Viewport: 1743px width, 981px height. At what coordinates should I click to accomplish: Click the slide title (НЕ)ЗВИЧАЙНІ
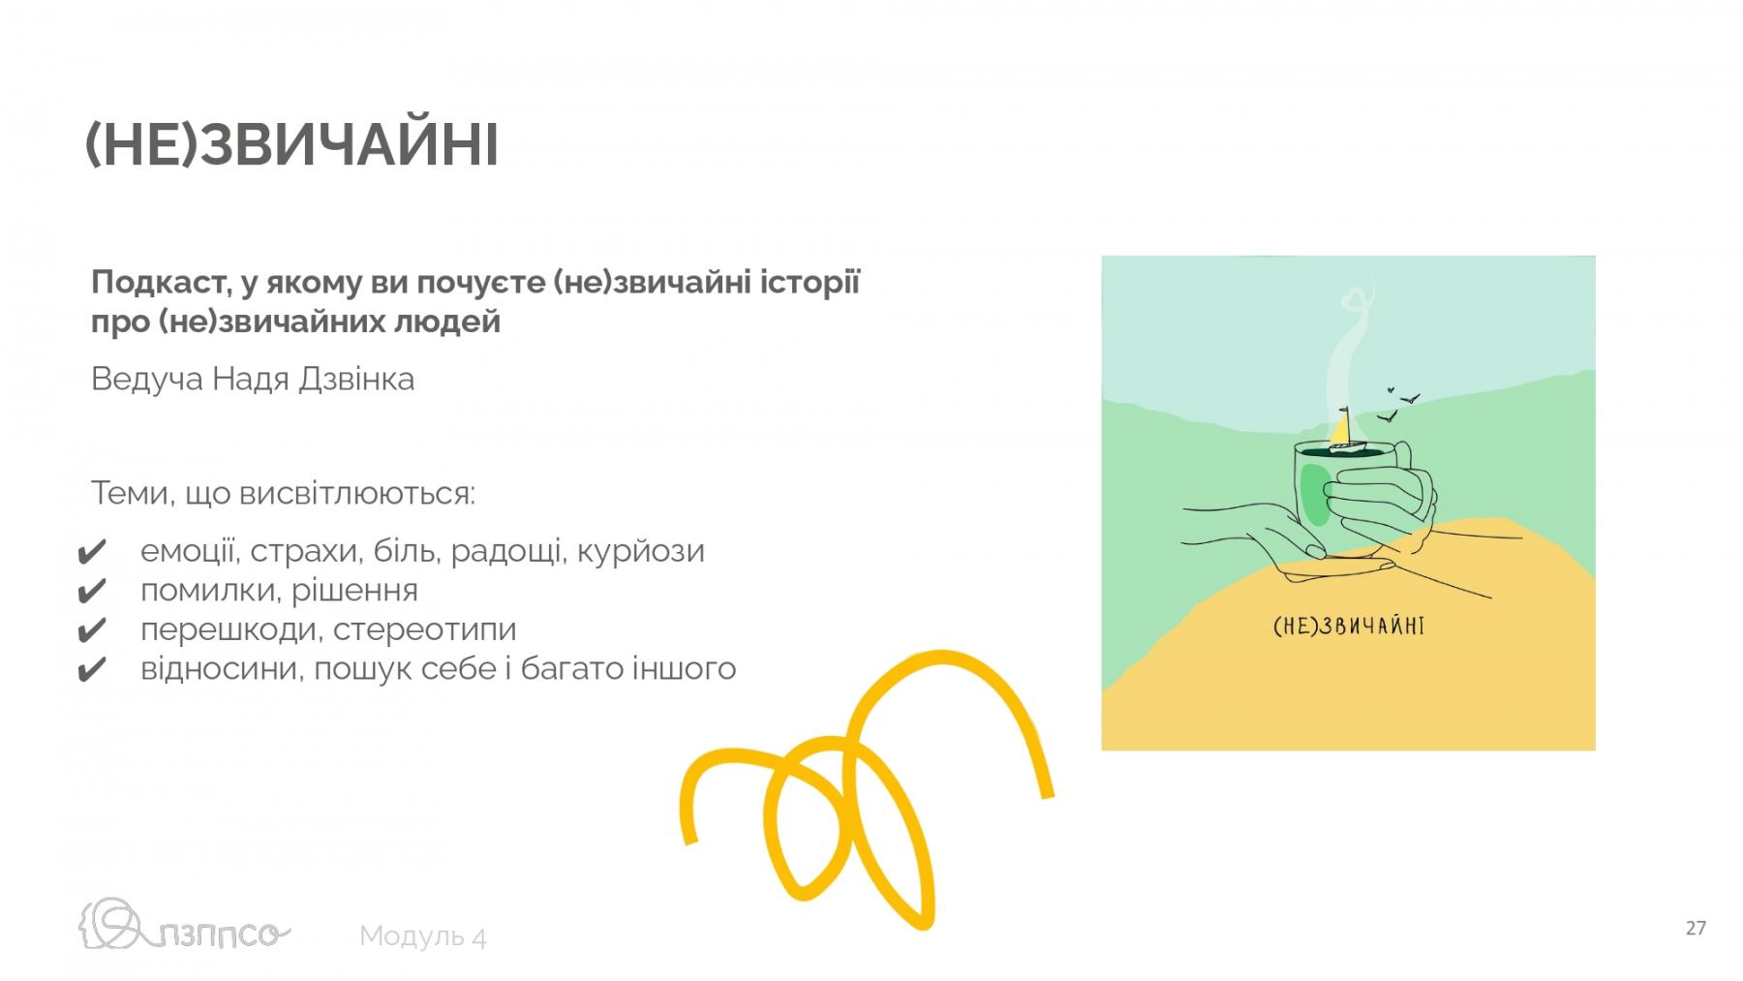tap(291, 145)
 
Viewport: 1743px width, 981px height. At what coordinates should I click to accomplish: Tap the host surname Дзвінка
tap(356, 379)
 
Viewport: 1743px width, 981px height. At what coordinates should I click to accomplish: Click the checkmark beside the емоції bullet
tap(92, 552)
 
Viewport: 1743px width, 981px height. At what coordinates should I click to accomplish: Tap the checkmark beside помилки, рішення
tap(92, 591)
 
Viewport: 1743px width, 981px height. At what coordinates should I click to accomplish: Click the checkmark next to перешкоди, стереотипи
tap(92, 630)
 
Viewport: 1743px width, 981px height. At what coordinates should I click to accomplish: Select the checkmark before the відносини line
tap(92, 670)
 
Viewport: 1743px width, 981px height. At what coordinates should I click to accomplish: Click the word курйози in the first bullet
tap(641, 552)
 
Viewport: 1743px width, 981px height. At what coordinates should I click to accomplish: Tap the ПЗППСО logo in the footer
tap(184, 925)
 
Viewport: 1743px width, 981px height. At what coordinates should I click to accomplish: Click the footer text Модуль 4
tap(422, 936)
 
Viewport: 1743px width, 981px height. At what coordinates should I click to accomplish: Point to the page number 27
tap(1696, 928)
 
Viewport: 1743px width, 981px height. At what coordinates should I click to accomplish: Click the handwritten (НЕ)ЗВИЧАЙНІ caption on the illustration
tap(1349, 626)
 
